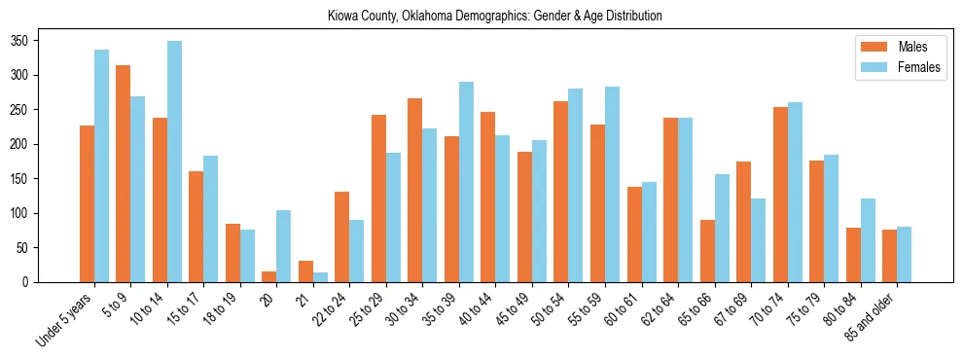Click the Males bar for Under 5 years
[x=87, y=204]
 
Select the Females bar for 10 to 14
[x=174, y=162]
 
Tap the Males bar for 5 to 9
[x=124, y=174]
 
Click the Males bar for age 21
[x=305, y=271]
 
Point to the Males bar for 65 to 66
[x=707, y=251]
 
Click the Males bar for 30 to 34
[x=415, y=191]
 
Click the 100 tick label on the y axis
[x=24, y=213]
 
